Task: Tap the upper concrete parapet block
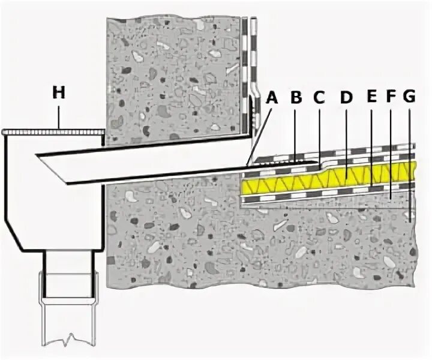point(174,78)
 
